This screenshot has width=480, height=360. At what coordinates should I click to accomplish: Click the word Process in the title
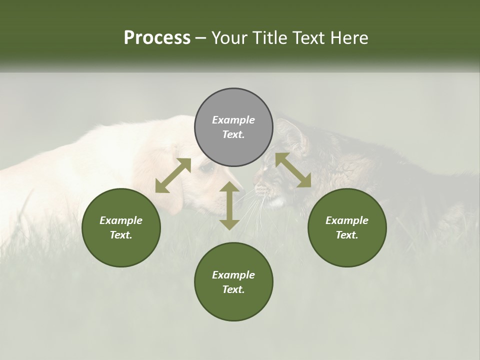(x=157, y=38)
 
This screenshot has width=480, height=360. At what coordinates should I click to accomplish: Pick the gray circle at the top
(x=233, y=127)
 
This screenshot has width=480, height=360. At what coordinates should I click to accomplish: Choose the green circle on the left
(x=121, y=227)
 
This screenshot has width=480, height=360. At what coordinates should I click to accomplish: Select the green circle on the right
(x=347, y=227)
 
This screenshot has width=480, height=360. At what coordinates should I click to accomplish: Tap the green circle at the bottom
(x=233, y=282)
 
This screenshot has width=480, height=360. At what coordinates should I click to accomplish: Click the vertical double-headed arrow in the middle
(x=229, y=205)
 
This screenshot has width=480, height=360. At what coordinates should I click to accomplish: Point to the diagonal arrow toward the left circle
(x=173, y=175)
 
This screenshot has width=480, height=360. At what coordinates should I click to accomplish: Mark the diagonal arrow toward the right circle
(x=293, y=170)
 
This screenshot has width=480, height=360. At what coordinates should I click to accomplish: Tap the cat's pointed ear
(x=295, y=131)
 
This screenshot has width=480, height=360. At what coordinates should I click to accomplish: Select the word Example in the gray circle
(x=233, y=120)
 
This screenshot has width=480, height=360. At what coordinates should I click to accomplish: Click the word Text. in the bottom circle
(x=233, y=289)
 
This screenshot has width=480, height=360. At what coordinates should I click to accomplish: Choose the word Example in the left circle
(x=121, y=220)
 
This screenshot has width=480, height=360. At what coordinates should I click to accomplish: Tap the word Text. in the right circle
(x=347, y=235)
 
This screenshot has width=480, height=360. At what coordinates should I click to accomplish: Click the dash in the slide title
(x=200, y=38)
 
